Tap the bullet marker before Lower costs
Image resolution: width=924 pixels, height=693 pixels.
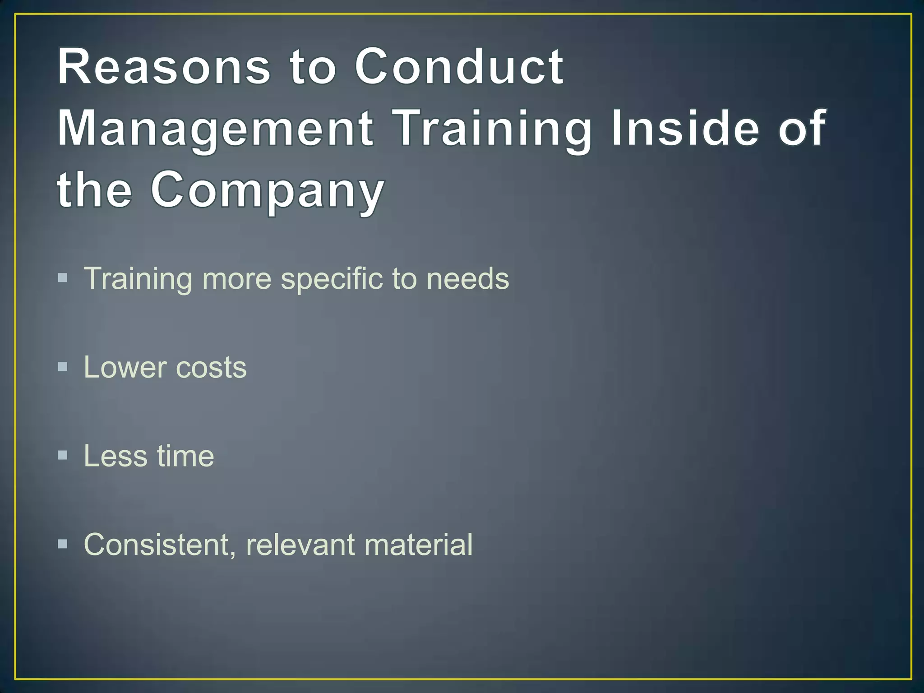(x=63, y=366)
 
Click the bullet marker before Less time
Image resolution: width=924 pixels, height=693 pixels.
(x=63, y=455)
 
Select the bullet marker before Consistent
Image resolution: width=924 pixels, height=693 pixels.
(x=63, y=544)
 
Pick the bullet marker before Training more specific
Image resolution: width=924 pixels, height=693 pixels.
(x=63, y=277)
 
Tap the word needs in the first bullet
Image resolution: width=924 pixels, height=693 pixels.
(x=467, y=278)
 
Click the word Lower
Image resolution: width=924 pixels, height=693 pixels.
(x=125, y=367)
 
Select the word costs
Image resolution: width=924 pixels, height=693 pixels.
(x=211, y=368)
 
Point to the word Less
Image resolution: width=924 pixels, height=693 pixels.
(x=115, y=456)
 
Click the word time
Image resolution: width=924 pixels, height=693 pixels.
(x=185, y=456)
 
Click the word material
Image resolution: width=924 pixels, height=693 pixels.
(x=418, y=545)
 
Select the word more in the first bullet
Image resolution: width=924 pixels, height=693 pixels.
(x=236, y=279)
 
